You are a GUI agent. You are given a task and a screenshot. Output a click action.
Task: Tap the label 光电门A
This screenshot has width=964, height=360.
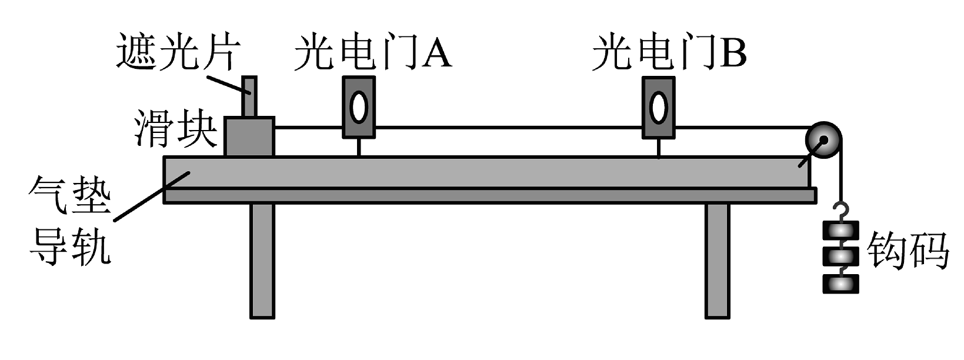(372, 52)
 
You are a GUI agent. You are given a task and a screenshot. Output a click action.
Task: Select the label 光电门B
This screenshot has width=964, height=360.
(669, 52)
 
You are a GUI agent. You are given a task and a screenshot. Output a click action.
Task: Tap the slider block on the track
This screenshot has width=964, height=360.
(249, 136)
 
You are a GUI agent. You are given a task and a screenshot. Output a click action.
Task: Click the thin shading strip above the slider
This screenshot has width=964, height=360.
(249, 96)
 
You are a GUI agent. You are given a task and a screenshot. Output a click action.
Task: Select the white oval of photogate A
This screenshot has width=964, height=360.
(358, 108)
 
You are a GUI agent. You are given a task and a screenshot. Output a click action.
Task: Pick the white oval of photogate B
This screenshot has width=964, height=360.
(658, 108)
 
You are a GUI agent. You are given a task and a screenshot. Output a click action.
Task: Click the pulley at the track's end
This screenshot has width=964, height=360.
(823, 142)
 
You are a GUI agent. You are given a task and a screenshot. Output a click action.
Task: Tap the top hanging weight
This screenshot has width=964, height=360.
(840, 231)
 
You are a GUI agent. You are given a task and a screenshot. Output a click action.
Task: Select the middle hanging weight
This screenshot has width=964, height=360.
(840, 257)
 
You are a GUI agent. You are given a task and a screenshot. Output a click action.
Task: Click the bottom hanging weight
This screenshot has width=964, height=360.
(840, 284)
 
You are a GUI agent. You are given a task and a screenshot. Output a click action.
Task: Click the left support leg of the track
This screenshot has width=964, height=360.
(262, 260)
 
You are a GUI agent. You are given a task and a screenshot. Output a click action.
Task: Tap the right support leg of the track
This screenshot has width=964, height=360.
(717, 260)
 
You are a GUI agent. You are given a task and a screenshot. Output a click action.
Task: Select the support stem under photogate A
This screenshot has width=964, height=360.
(358, 148)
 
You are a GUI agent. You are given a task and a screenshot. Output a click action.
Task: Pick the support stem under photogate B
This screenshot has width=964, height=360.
(658, 148)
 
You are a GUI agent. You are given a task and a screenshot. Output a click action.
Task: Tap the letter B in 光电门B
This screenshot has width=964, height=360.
(733, 52)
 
